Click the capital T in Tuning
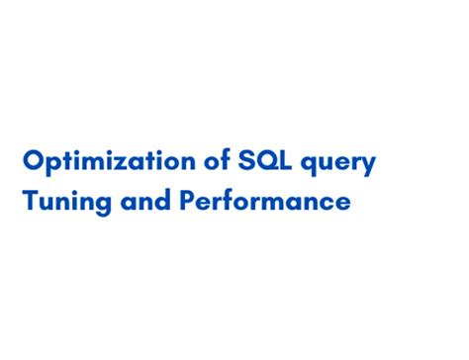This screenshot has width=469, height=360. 31,203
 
